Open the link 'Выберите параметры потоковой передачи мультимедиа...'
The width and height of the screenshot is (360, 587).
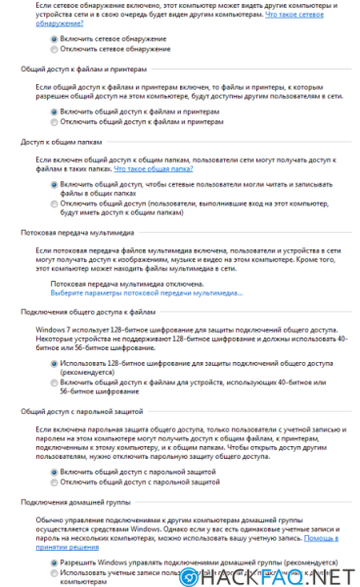pos(147,293)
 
